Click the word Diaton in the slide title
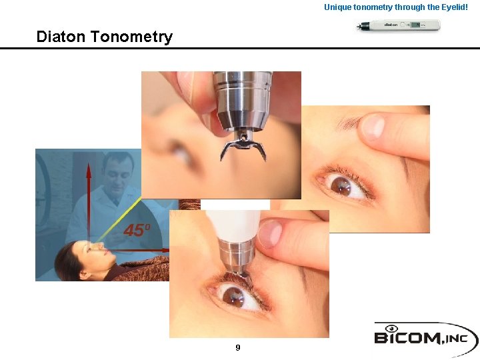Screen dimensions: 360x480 point(61,37)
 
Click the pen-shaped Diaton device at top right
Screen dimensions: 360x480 point(399,26)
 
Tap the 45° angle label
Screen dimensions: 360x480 point(137,231)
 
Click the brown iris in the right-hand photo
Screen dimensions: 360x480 point(341,185)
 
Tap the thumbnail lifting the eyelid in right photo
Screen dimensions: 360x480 point(373,126)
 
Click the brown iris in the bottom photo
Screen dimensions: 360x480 point(233,295)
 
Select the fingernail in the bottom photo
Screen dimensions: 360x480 point(269,234)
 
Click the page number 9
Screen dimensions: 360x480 point(238,347)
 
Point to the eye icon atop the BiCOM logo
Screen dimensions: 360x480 point(391,327)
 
